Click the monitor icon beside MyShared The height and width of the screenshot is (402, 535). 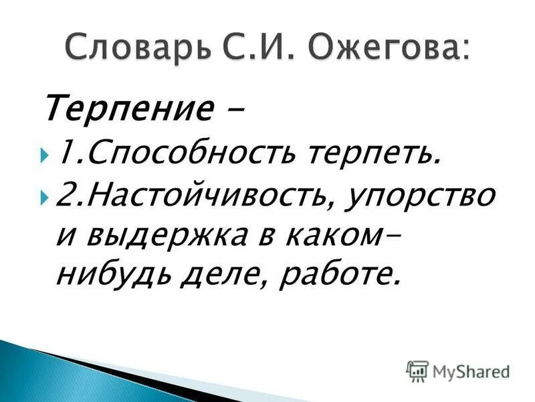[417, 370]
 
